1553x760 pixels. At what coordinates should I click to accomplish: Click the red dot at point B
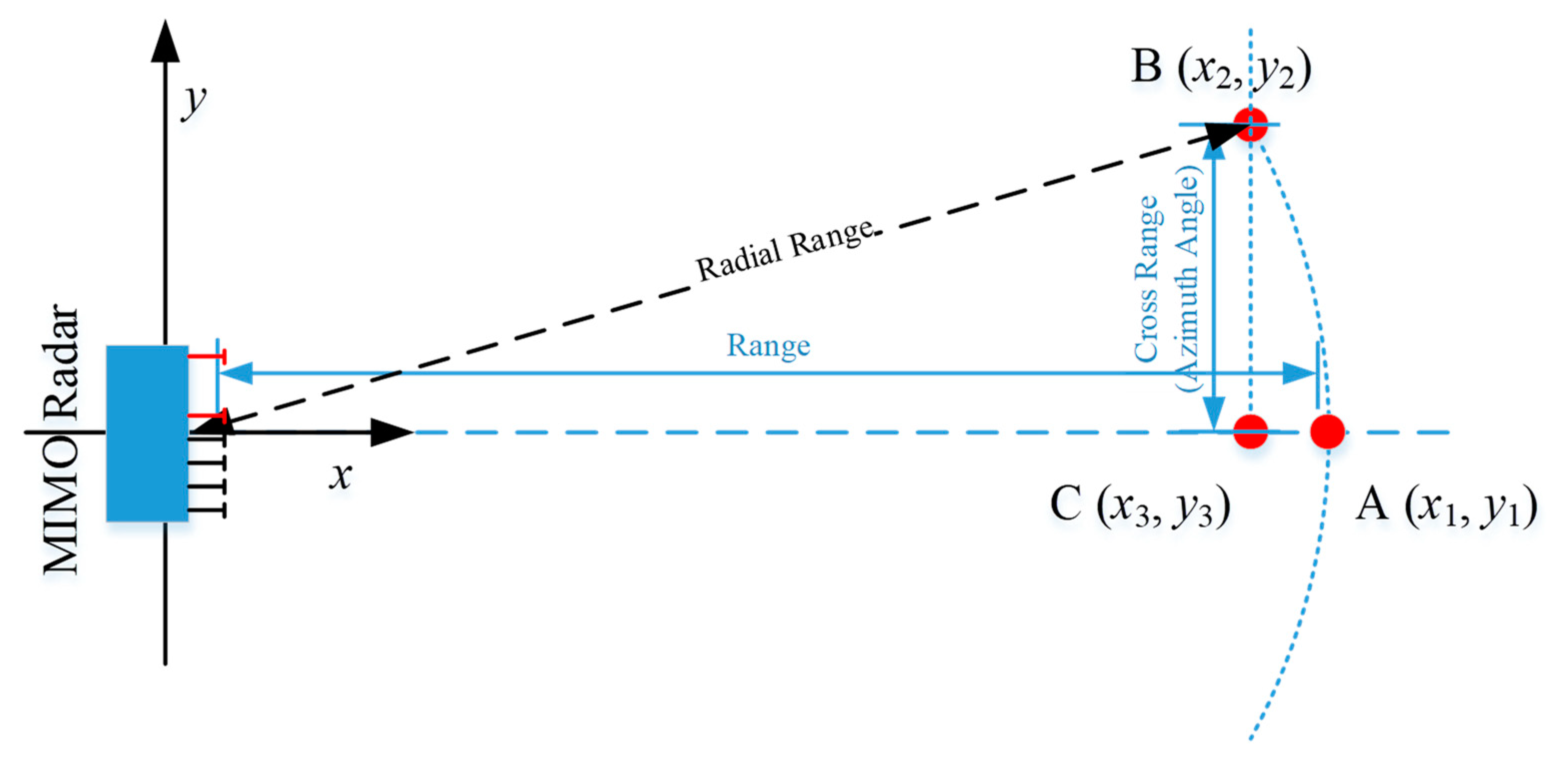pos(1250,125)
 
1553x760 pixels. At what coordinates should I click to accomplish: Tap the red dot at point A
pos(1327,431)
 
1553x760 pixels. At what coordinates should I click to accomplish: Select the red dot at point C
pos(1250,431)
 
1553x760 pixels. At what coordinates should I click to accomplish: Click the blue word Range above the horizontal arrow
pos(768,346)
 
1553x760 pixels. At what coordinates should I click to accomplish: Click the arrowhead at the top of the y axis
pos(164,42)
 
